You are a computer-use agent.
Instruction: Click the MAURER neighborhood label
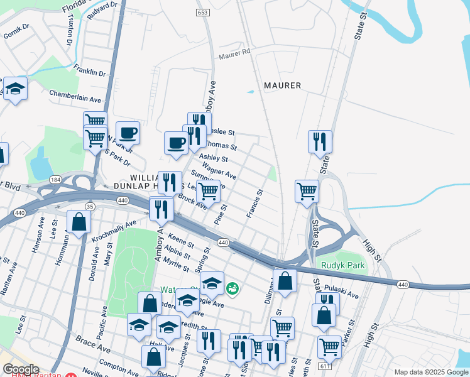[x=282, y=85]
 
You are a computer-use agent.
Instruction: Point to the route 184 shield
[x=56, y=180]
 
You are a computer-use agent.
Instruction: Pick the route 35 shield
[x=90, y=206]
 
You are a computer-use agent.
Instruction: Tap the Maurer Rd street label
[x=235, y=55]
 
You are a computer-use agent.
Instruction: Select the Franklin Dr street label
[x=89, y=70]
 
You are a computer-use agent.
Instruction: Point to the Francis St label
[x=254, y=204]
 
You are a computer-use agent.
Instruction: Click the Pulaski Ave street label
[x=346, y=292]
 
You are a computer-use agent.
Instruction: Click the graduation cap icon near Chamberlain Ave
[x=15, y=90]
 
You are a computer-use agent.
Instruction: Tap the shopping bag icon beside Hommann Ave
[x=79, y=222]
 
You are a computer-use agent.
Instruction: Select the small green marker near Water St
[x=232, y=288]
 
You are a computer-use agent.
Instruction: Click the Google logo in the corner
[x=21, y=369]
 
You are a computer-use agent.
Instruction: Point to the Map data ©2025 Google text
[x=430, y=372]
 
